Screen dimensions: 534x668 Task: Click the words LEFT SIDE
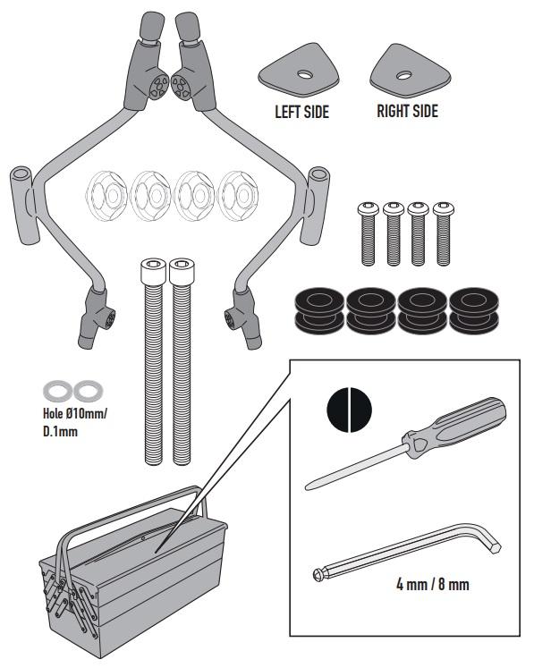click(301, 112)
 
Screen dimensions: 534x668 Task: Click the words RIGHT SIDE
click(407, 111)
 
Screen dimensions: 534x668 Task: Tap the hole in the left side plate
click(305, 75)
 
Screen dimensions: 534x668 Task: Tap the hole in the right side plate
click(403, 76)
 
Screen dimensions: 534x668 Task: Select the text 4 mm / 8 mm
click(433, 584)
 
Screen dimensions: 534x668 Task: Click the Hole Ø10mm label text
click(75, 413)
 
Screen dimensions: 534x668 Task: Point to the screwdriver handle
click(455, 427)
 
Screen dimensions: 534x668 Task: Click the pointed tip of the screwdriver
click(306, 488)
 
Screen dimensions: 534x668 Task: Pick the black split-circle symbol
click(349, 410)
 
